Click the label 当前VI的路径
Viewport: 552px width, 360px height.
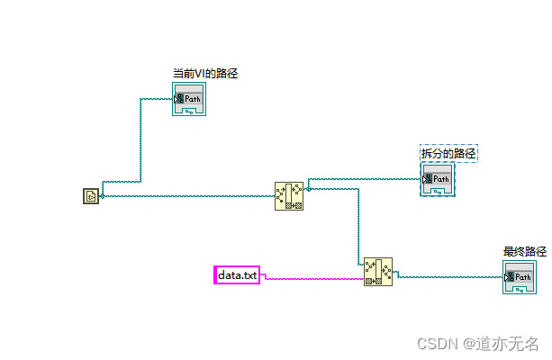click(205, 74)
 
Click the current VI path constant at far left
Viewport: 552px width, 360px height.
click(90, 195)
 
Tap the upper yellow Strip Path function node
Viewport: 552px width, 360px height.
click(289, 195)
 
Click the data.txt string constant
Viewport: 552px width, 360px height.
click(237, 274)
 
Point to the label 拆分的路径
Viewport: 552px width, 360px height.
click(448, 154)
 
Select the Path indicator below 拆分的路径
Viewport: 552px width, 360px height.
click(438, 181)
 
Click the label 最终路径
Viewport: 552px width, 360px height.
click(524, 252)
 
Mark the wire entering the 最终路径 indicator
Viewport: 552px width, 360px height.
click(450, 277)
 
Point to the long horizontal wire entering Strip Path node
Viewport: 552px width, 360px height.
click(189, 196)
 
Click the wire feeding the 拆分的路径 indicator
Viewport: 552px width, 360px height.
click(365, 179)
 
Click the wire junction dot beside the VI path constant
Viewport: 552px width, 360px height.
click(102, 195)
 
